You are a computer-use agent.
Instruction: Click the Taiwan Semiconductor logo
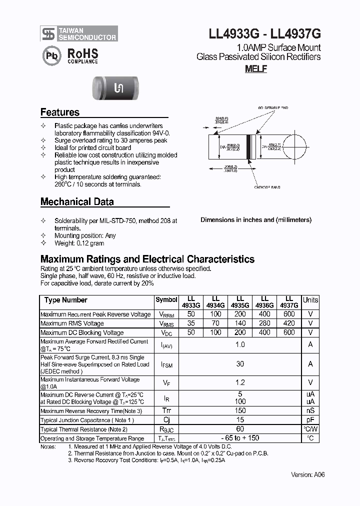click(79, 33)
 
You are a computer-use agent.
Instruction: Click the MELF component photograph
click(118, 88)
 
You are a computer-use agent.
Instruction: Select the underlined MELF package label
click(255, 69)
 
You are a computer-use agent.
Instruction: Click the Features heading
click(60, 112)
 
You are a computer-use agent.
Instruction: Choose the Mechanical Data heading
click(77, 202)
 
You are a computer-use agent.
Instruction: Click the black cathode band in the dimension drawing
click(248, 147)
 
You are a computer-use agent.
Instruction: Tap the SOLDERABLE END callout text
click(273, 107)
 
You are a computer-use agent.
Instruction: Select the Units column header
click(310, 300)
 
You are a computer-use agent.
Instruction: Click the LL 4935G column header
click(240, 301)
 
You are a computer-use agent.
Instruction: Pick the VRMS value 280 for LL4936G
click(264, 323)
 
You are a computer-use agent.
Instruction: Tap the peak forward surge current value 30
click(240, 364)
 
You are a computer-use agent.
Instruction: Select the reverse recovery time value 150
click(240, 411)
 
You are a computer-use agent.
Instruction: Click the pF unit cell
click(310, 420)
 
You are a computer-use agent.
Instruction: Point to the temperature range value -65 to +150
click(240, 438)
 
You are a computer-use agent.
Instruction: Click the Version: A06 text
click(308, 475)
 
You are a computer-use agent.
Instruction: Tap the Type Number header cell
click(65, 300)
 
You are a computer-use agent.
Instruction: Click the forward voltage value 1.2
click(240, 382)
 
